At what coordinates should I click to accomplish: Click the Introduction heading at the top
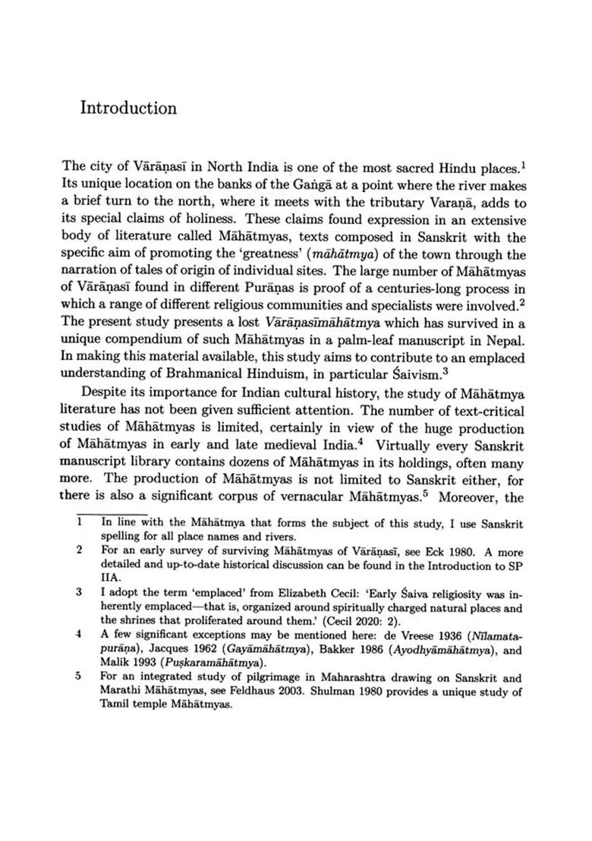pos(128,108)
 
